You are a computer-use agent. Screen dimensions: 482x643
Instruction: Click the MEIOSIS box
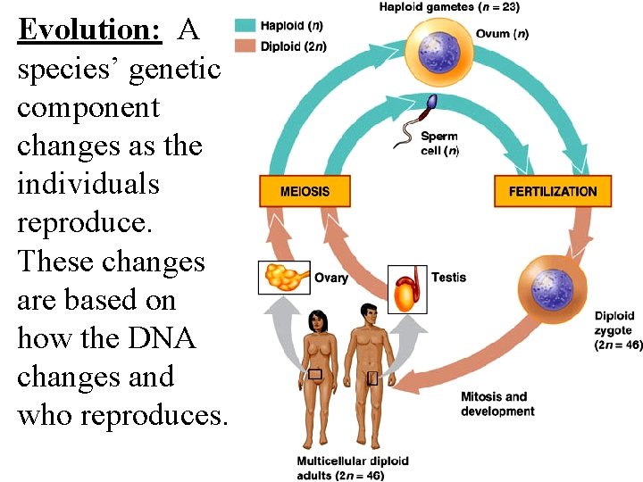pyautogui.click(x=305, y=191)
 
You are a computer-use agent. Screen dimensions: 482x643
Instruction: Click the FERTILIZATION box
pyautogui.click(x=553, y=191)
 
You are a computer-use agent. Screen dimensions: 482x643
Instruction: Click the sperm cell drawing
pyautogui.click(x=421, y=120)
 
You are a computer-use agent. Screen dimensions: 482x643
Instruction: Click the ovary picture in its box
pyautogui.click(x=284, y=277)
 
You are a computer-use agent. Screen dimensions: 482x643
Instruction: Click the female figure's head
pyautogui.click(x=316, y=319)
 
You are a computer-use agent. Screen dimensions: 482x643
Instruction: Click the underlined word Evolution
pyautogui.click(x=89, y=30)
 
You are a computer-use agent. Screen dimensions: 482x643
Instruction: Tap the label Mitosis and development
pyautogui.click(x=497, y=403)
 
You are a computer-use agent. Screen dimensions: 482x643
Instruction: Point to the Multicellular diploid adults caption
pyautogui.click(x=353, y=468)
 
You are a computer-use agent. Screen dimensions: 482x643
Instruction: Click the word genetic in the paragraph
pyautogui.click(x=174, y=69)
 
